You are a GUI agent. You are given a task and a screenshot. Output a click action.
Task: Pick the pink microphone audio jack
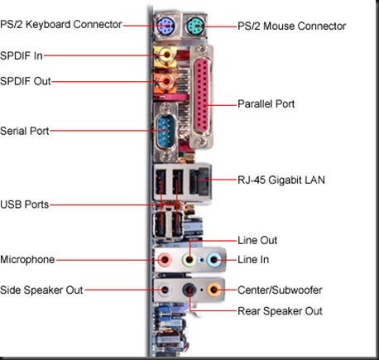coord(166,260)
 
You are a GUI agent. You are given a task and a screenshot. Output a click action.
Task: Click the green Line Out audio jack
coord(190,260)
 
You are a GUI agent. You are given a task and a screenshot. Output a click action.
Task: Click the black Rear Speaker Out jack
coord(190,290)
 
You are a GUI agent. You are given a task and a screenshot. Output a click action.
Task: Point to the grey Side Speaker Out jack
coord(166,290)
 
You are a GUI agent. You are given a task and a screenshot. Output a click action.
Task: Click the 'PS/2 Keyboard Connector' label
coord(63,26)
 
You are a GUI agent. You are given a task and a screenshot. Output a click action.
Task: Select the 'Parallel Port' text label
coord(266,104)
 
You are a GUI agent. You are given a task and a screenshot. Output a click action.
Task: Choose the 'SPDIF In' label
coord(22,55)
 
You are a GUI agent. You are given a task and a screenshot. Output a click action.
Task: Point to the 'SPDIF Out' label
coord(25,81)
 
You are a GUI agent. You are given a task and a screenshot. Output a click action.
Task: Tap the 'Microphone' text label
coord(28,260)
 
